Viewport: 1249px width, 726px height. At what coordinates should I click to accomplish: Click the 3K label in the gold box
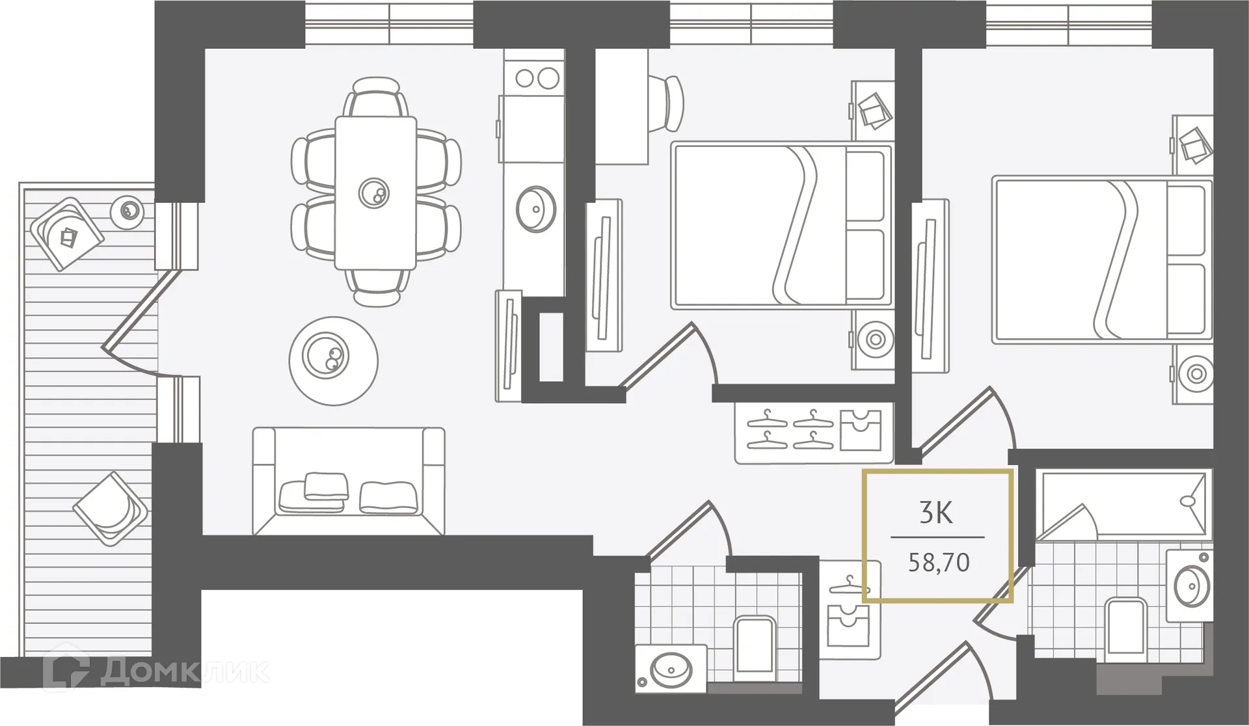point(937,514)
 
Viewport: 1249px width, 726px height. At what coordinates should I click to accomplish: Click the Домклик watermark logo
point(156,670)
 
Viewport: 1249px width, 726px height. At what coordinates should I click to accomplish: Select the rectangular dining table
point(375,193)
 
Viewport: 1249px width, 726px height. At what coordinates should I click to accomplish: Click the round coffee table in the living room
point(334,360)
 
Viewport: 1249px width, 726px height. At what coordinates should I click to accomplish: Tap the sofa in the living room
point(349,481)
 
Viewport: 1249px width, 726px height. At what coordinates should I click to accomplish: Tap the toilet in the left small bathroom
point(755,647)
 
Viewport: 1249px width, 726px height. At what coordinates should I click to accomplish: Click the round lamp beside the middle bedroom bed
point(874,339)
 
